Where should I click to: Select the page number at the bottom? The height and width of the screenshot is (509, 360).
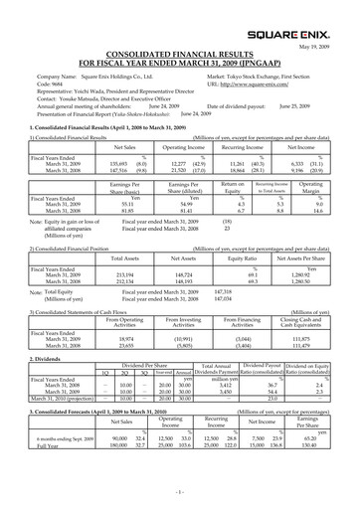(180, 492)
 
